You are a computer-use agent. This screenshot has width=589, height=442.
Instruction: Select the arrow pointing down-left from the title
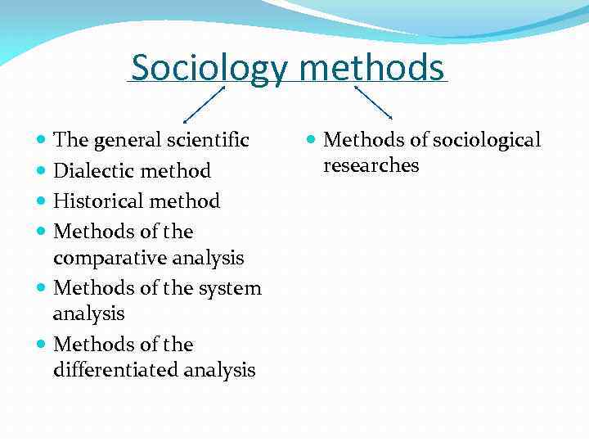point(205,104)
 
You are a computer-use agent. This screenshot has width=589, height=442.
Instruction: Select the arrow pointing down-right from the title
point(373,101)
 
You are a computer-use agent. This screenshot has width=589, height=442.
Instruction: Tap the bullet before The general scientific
point(42,141)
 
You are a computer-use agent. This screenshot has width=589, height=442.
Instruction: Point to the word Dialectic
point(91,171)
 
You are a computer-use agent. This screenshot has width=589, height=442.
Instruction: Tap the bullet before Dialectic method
point(42,171)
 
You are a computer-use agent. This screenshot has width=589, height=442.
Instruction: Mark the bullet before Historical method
point(42,201)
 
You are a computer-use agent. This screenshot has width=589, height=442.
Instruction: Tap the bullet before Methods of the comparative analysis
point(42,232)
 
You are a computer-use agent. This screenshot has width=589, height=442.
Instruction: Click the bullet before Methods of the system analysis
point(42,288)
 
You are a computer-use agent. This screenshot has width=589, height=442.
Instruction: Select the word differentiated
point(115,371)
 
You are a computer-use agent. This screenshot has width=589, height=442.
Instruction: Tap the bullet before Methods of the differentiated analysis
point(42,345)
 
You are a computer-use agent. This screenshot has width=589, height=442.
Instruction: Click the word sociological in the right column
point(487,141)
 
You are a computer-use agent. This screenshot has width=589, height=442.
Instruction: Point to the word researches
point(371,165)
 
